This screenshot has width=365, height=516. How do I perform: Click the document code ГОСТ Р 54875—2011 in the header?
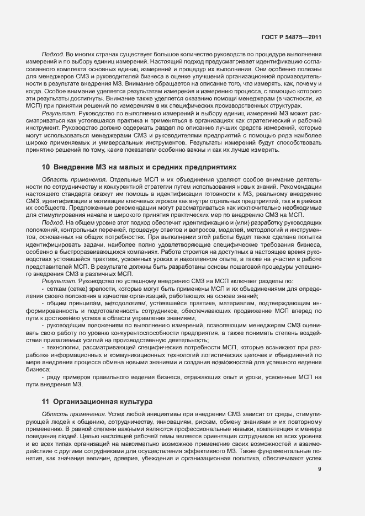(x=291, y=38)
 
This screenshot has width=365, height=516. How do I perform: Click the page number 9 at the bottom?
(x=320, y=485)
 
